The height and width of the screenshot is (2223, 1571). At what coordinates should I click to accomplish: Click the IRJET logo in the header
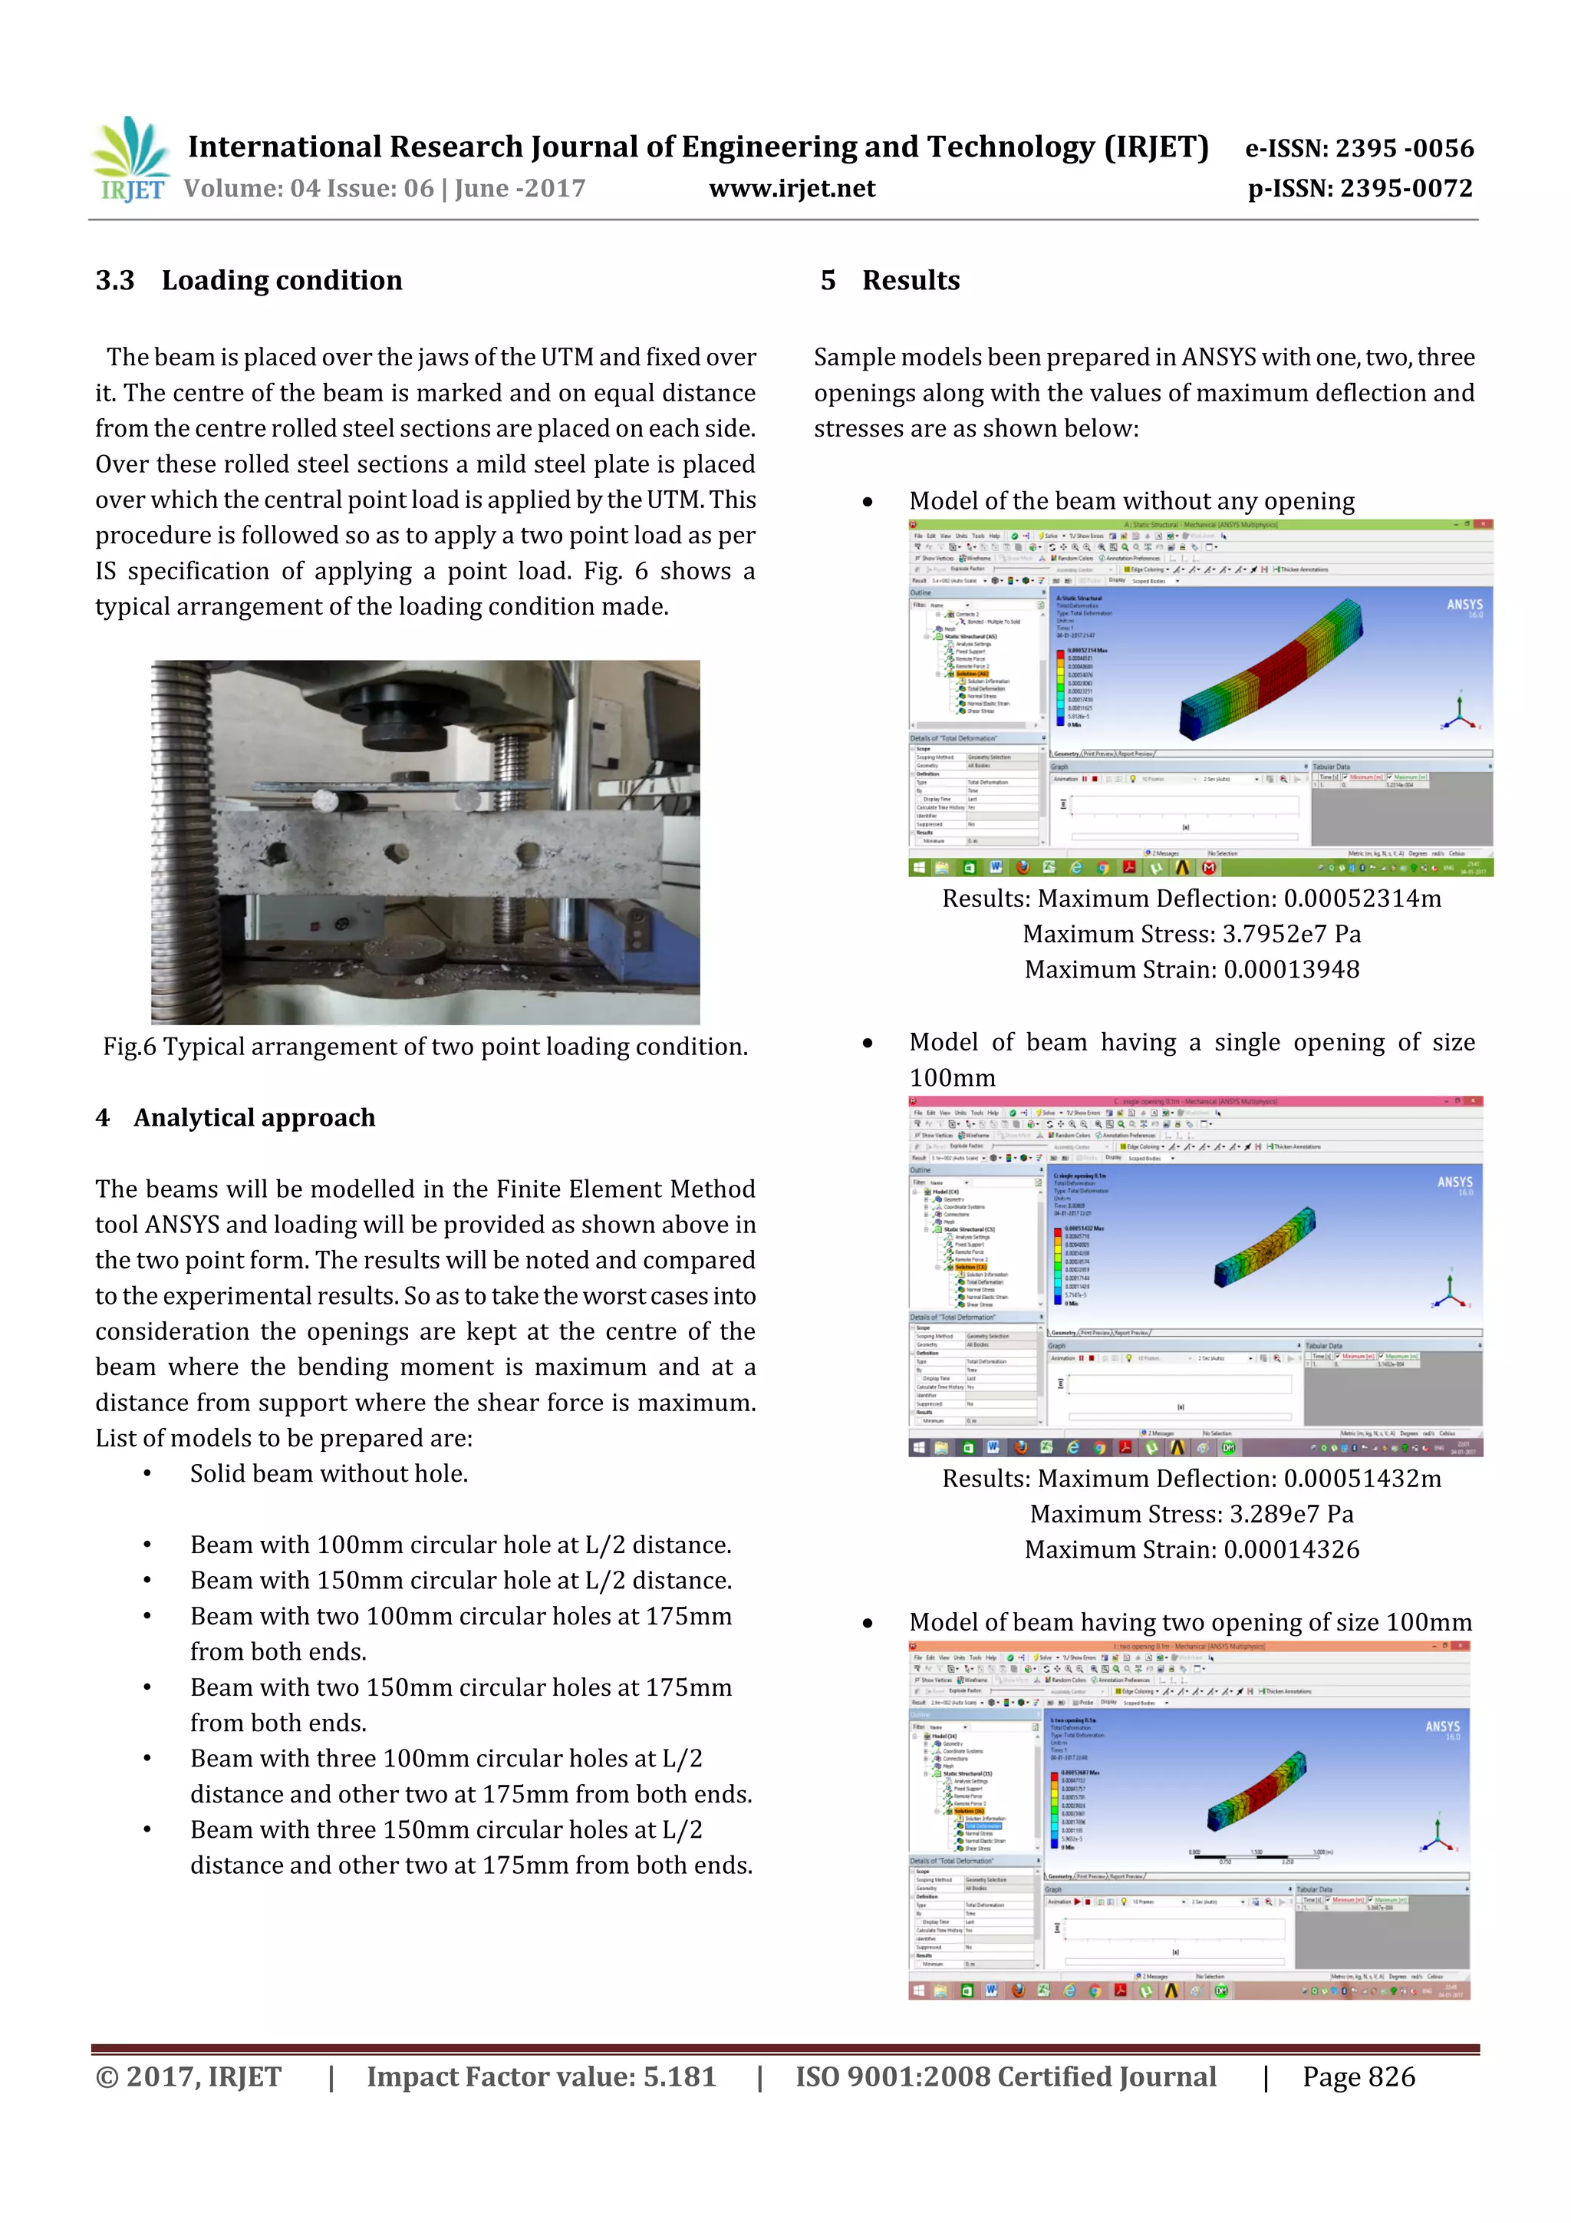(x=130, y=159)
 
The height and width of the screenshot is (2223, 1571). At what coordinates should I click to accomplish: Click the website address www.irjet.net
(x=791, y=188)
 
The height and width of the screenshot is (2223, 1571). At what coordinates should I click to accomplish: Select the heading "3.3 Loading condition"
(x=249, y=281)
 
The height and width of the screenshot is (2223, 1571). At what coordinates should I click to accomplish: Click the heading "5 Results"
(x=890, y=281)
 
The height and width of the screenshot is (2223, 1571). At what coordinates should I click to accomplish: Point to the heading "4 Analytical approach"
(x=235, y=1117)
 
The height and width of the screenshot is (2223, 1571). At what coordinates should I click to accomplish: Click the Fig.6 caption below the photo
(x=425, y=1047)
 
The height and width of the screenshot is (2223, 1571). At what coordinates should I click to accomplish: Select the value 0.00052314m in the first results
(x=1362, y=899)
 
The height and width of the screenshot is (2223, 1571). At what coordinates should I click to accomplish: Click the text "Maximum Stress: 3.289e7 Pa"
(x=1191, y=1513)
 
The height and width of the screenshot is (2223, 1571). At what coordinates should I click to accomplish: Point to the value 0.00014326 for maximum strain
(x=1291, y=1549)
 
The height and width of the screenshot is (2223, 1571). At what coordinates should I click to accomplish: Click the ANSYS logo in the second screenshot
(x=1454, y=1183)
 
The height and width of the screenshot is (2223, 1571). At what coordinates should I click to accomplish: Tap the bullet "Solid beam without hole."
(x=328, y=1473)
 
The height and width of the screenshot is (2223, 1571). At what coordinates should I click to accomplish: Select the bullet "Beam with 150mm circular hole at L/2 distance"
(x=461, y=1580)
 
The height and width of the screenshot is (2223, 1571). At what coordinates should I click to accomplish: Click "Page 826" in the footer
(x=1358, y=2076)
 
